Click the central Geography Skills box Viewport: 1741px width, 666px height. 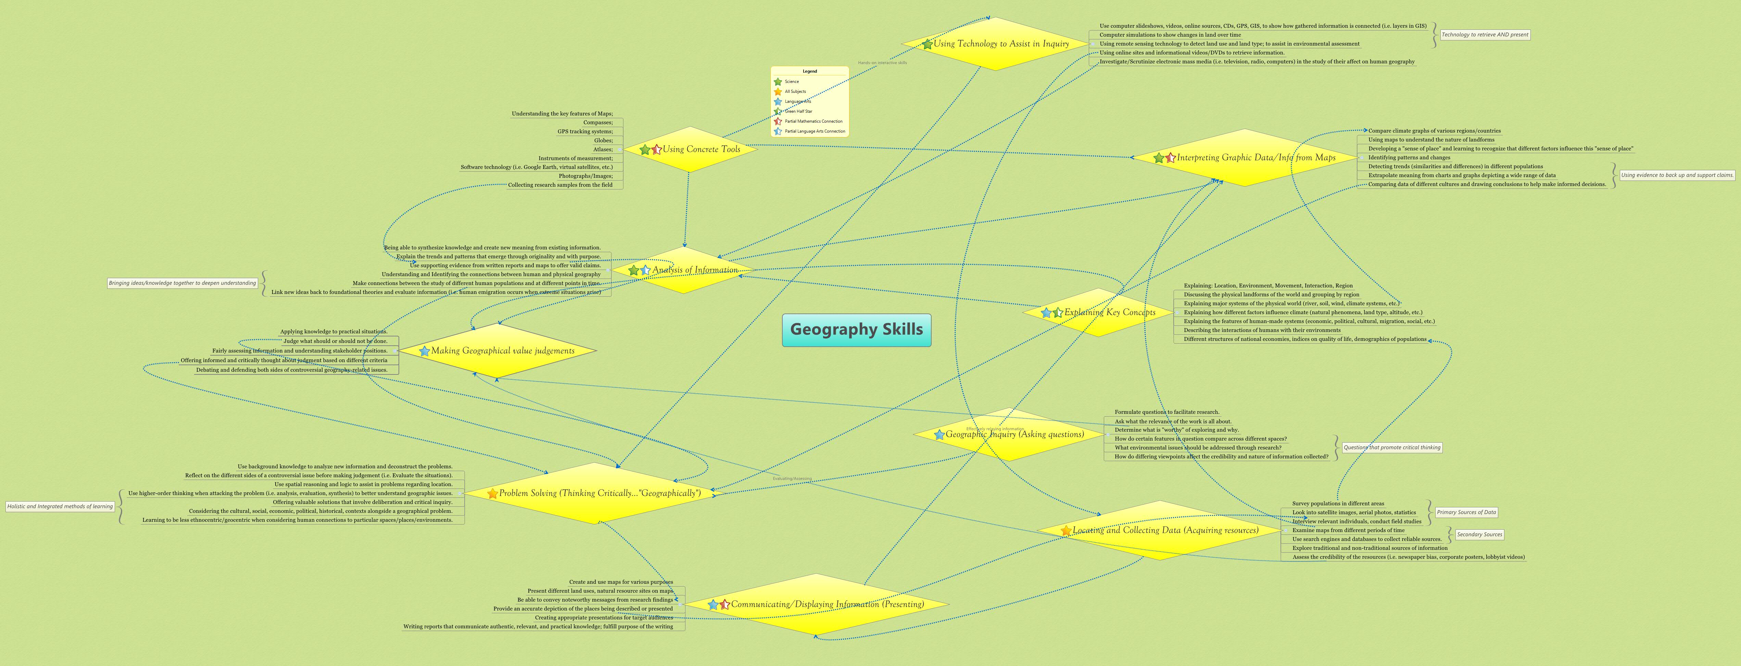pos(856,330)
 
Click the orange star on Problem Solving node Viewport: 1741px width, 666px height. pos(493,494)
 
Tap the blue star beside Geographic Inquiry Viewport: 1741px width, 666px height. pos(939,435)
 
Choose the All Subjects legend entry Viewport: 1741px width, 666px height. pos(795,91)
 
